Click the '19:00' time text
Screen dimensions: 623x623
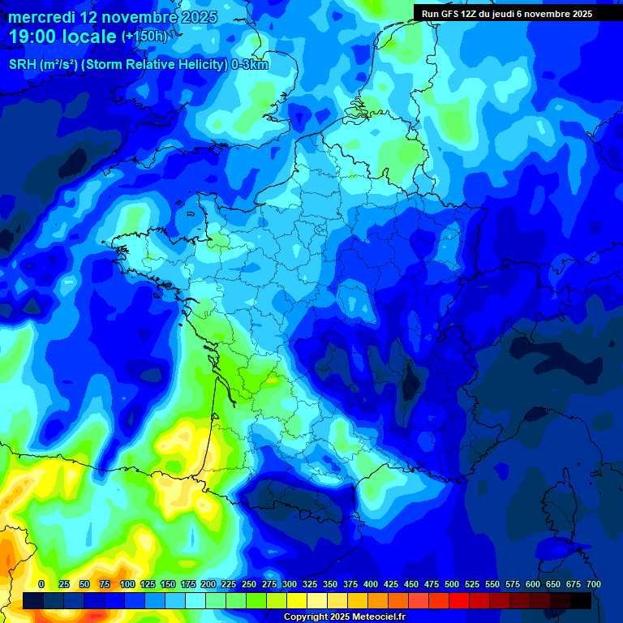pos(34,37)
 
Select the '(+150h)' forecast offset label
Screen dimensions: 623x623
pos(144,37)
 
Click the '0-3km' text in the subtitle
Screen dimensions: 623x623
pos(250,65)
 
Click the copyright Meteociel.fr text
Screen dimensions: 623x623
pos(344,617)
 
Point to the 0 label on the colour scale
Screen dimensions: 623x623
pos(41,584)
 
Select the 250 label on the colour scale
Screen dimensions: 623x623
pos(249,584)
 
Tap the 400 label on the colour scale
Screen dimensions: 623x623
pos(371,584)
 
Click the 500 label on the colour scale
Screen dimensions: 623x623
pos(452,584)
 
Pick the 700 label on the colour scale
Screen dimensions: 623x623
pos(593,584)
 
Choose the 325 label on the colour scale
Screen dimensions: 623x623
pos(310,584)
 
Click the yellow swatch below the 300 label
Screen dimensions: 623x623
pos(297,600)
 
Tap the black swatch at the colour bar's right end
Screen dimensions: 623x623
pos(581,600)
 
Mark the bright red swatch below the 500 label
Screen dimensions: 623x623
pos(459,600)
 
